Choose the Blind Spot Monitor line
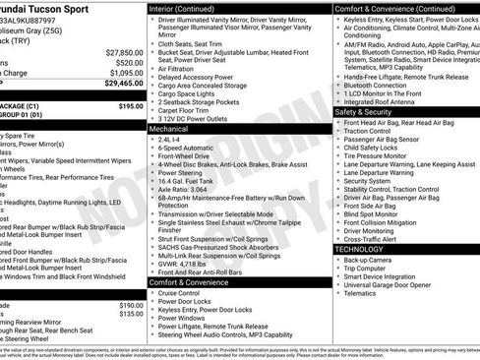click(372, 214)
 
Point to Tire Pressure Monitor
click(378, 155)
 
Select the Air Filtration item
click(176, 69)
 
